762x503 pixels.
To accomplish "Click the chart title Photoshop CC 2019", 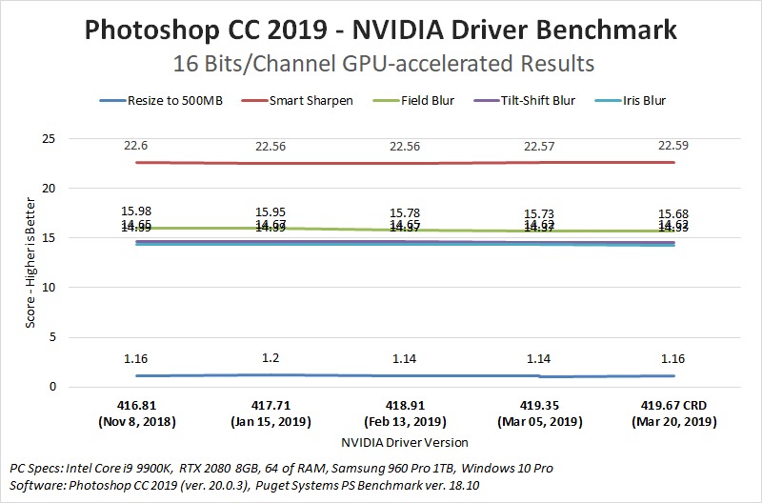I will coord(381,30).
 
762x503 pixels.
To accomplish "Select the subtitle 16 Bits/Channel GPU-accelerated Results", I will coord(381,64).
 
